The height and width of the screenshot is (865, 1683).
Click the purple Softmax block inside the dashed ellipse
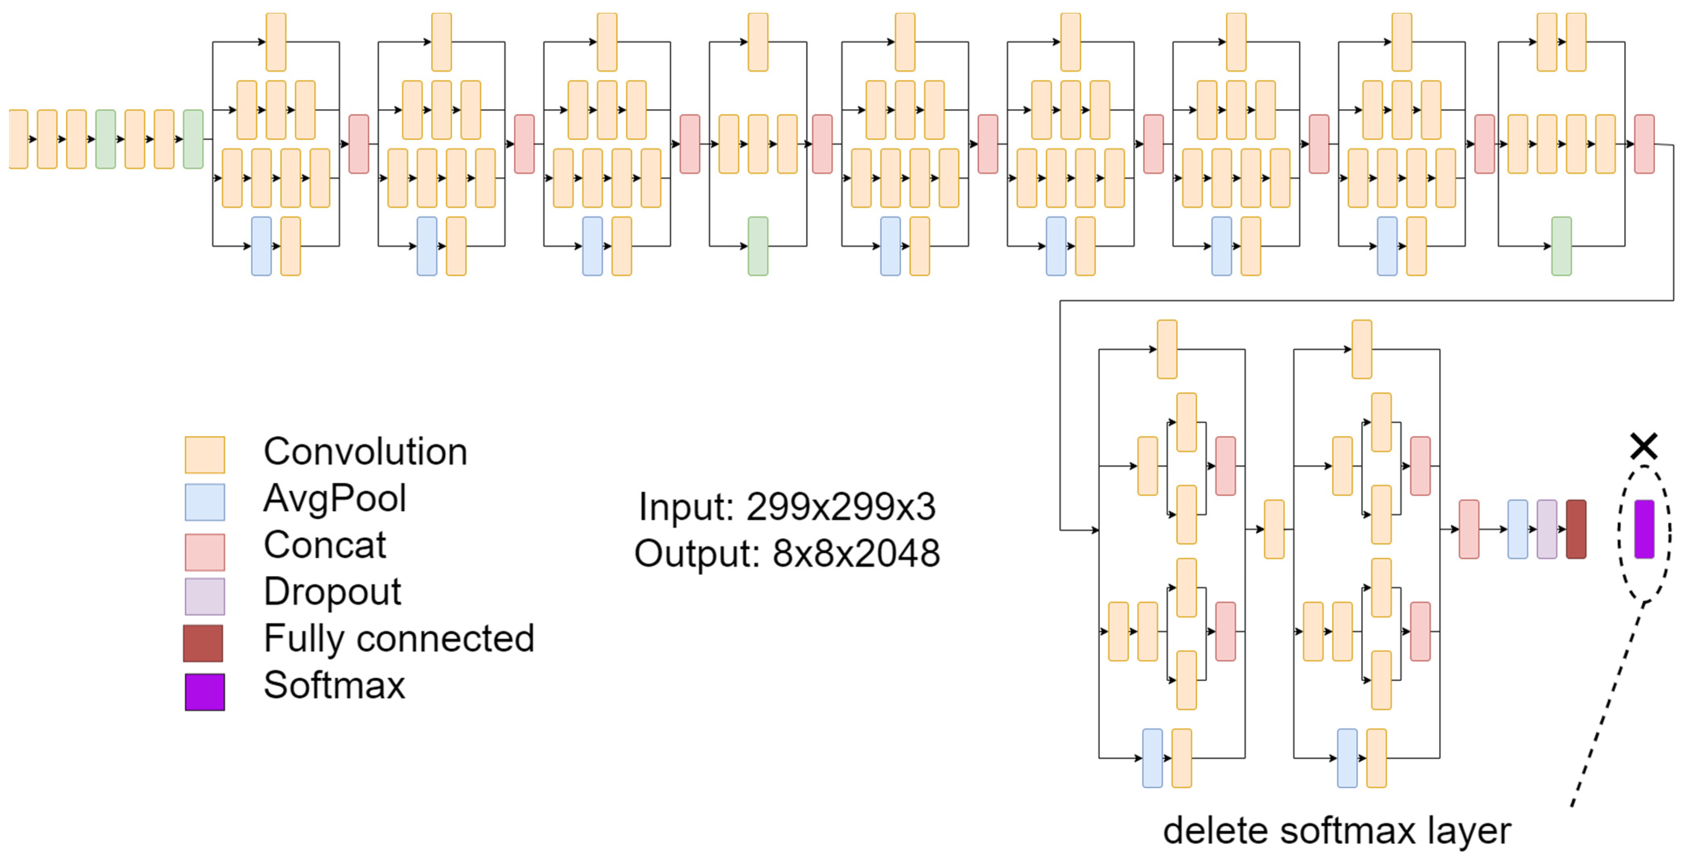pyautogui.click(x=1644, y=529)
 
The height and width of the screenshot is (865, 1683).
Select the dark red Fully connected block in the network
pyautogui.click(x=1576, y=529)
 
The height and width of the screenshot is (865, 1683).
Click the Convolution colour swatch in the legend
pyautogui.click(x=204, y=455)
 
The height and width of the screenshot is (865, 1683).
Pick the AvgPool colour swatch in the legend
pyautogui.click(x=204, y=502)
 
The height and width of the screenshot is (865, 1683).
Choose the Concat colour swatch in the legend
pyautogui.click(x=204, y=552)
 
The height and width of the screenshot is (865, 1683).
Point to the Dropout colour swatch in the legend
pyautogui.click(x=204, y=596)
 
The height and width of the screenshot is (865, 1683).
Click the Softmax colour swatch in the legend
pyautogui.click(x=204, y=692)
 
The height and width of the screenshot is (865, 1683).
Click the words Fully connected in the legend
pyautogui.click(x=399, y=638)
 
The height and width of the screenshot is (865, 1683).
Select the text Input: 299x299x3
pyautogui.click(x=787, y=506)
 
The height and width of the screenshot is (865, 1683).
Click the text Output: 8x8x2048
pyautogui.click(x=787, y=553)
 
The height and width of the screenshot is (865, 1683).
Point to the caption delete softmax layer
pyautogui.click(x=1337, y=831)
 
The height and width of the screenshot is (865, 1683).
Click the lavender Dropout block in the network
pyautogui.click(x=1546, y=529)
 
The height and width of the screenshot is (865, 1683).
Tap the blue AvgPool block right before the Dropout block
pyautogui.click(x=1517, y=529)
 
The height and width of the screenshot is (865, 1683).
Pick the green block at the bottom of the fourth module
pyautogui.click(x=758, y=246)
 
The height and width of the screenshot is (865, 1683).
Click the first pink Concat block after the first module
pyautogui.click(x=359, y=144)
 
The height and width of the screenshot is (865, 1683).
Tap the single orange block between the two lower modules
pyautogui.click(x=1274, y=529)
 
